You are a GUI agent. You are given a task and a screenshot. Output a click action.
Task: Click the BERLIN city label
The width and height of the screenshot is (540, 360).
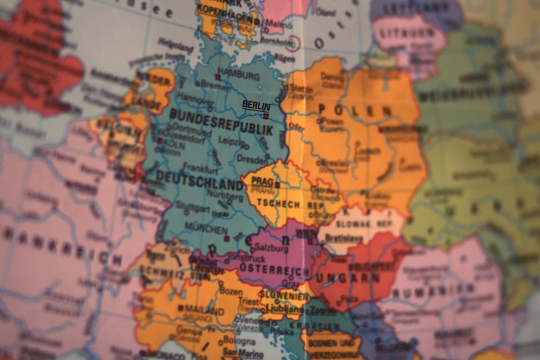[x=256, y=105]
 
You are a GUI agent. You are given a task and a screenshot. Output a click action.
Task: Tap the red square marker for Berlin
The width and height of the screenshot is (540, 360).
[x=266, y=116]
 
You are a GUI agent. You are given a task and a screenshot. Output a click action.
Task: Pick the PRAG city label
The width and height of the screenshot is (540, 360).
[x=262, y=181]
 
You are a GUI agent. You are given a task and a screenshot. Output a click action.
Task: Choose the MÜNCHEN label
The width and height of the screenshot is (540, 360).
[x=206, y=228]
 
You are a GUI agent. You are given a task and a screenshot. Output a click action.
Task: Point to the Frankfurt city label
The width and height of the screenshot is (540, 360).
[x=200, y=168]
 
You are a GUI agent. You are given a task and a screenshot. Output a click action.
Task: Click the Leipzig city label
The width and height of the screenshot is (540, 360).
[x=230, y=141]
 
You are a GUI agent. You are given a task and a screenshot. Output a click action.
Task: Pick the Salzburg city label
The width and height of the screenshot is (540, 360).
[x=271, y=248]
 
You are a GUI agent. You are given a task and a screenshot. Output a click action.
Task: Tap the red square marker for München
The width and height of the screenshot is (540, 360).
[x=226, y=238]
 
